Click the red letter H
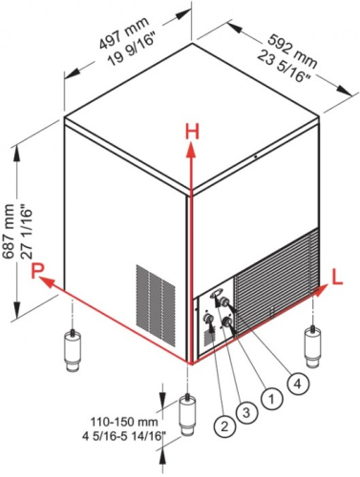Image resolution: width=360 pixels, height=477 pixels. pos(192,132)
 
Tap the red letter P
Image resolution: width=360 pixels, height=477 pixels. pos(37,271)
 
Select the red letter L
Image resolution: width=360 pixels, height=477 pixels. pos(337,277)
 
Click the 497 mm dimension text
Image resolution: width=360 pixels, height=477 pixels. pos(122,32)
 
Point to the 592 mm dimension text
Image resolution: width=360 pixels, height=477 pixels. pos(292,52)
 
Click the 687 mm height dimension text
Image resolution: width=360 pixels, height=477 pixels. pos(8,231)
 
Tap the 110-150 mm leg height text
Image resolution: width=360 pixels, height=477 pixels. pos(124,422)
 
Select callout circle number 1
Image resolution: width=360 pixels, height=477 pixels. pos(271,399)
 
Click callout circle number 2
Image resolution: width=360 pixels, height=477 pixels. pos(224,425)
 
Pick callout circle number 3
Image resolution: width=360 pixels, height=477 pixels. pos(246,412)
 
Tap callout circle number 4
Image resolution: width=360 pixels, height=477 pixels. pos(297,384)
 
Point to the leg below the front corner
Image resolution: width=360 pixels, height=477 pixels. pos(188,414)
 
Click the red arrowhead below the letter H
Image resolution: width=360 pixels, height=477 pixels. pos(191,151)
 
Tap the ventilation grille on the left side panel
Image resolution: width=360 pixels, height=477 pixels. pos(156,305)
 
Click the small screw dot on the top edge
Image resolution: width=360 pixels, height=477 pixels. pos(255,156)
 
